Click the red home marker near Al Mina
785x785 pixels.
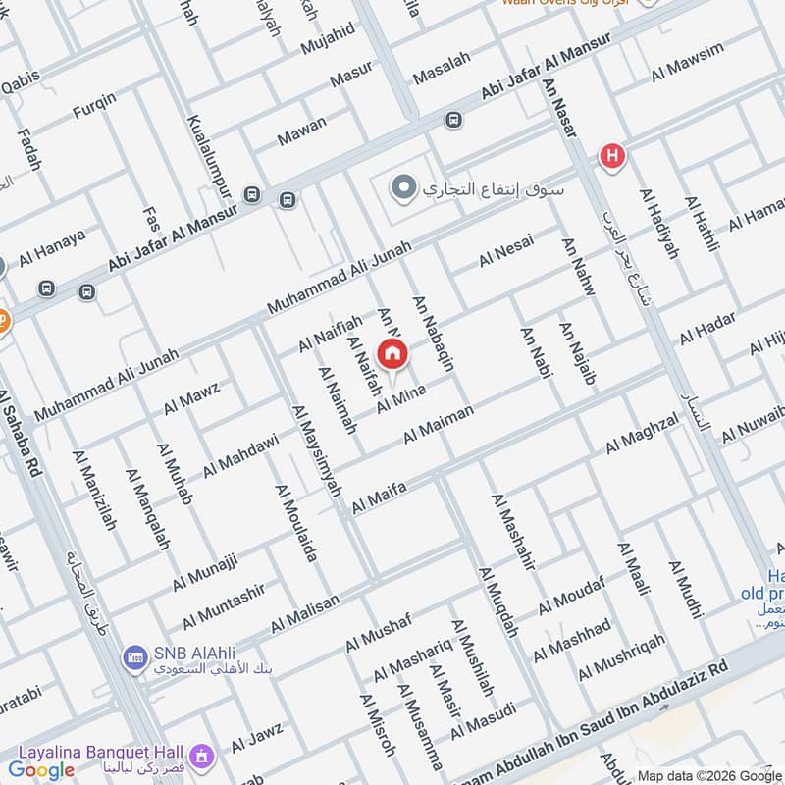pyautogui.click(x=392, y=354)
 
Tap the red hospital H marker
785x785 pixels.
pyautogui.click(x=612, y=155)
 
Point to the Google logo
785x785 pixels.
pyautogui.click(x=42, y=769)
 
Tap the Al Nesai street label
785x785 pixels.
pyautogui.click(x=506, y=251)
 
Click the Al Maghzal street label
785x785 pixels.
pyautogui.click(x=642, y=433)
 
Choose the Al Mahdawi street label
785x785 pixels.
pyautogui.click(x=241, y=455)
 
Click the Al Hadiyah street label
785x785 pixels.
pyautogui.click(x=659, y=224)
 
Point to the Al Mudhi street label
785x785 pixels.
pyautogui.click(x=686, y=589)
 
